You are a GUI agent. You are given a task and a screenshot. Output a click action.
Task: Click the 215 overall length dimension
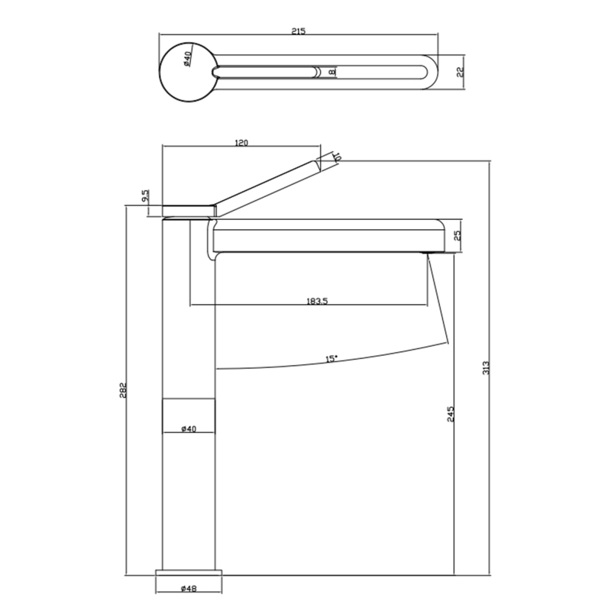[x=299, y=31]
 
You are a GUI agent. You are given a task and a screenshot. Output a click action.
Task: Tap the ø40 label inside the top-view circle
[x=187, y=59]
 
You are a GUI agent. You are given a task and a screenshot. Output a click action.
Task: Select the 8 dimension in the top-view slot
[x=331, y=73]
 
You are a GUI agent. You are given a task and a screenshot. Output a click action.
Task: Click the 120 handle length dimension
[x=243, y=143]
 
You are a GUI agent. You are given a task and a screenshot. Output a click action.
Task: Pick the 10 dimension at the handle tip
[x=337, y=157]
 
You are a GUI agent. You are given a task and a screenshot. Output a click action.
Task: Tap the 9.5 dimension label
[x=145, y=197]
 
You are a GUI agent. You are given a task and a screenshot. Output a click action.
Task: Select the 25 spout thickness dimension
[x=458, y=235]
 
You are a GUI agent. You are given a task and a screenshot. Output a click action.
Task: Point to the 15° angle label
[x=330, y=358]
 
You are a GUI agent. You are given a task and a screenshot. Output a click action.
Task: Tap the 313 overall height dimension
[x=486, y=367]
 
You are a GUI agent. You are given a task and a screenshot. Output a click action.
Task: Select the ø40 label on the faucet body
[x=189, y=429]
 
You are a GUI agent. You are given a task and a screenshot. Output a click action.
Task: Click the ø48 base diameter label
[x=189, y=589]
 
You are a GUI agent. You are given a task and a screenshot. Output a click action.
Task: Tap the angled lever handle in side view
[x=267, y=184]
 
